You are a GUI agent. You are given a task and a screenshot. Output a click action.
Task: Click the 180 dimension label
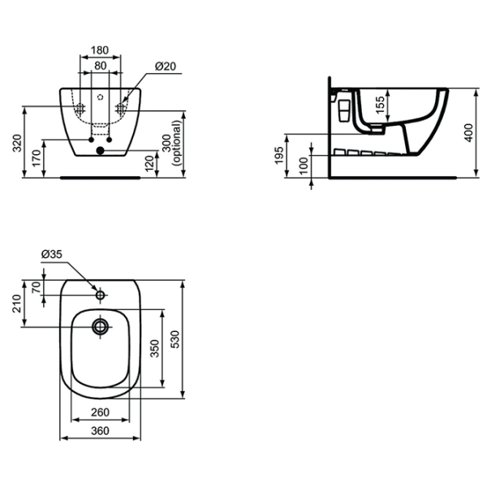point(100,50)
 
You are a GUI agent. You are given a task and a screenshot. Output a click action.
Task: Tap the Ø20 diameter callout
point(166,67)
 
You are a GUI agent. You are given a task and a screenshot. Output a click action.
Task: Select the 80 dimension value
point(101,66)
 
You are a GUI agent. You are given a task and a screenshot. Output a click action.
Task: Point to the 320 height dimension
point(18,143)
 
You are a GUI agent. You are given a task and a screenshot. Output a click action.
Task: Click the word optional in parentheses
point(177,143)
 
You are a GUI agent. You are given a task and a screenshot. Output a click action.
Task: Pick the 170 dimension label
point(37,158)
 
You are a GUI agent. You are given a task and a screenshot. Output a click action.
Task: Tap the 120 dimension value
point(149,163)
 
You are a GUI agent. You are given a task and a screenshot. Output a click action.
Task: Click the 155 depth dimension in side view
point(380,106)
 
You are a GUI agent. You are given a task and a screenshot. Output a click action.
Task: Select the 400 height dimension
point(468,132)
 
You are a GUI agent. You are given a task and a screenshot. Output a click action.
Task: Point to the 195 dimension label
point(279,155)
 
